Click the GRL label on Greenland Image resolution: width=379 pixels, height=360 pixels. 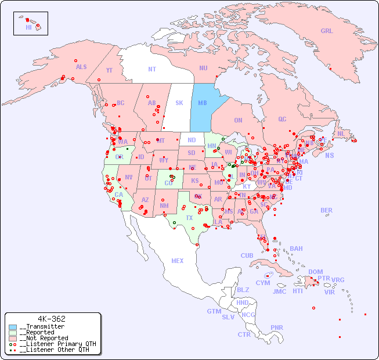[327, 31]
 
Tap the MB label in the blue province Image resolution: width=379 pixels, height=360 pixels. [203, 103]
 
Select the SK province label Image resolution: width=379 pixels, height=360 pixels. [179, 103]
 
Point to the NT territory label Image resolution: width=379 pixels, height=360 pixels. [152, 69]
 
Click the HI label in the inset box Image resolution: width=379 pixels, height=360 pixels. [28, 27]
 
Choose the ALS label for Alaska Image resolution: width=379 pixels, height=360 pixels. [81, 67]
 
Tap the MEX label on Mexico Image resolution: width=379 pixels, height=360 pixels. [178, 261]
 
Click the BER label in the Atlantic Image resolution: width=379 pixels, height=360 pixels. [326, 210]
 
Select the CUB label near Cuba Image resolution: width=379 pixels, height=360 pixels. [247, 255]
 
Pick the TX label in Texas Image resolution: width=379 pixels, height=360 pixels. [189, 218]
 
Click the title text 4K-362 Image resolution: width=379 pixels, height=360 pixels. [51, 319]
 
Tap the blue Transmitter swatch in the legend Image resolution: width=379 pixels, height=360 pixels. [13, 327]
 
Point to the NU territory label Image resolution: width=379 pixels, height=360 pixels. [203, 68]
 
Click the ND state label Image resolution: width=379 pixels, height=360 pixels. [192, 140]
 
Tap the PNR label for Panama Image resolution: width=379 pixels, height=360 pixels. [277, 327]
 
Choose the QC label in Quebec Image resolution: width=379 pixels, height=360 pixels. [282, 119]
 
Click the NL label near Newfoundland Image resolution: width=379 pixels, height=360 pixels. [341, 134]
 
